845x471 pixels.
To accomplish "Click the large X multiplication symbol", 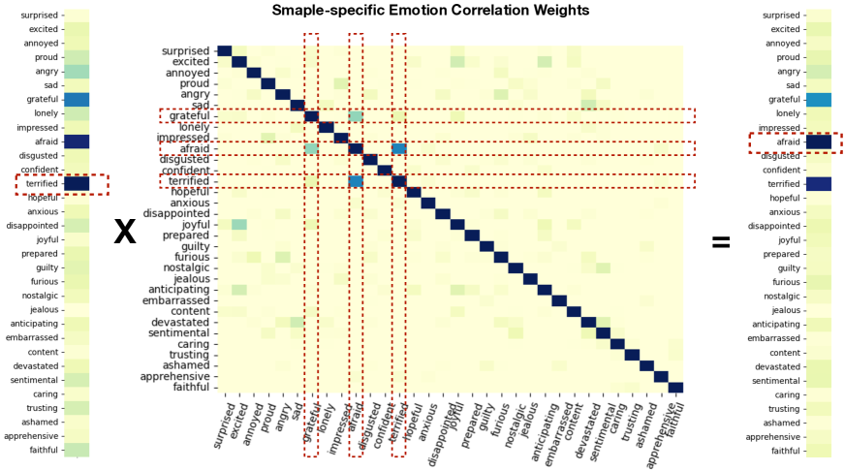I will (125, 233).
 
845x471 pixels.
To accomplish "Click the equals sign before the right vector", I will (721, 242).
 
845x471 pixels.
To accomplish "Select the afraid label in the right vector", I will (780, 141).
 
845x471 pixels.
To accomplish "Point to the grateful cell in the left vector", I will (77, 100).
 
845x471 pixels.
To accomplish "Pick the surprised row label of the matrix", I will (185, 51).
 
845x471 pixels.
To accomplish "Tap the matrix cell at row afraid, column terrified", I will (398, 148).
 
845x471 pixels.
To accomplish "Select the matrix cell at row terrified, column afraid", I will (356, 181).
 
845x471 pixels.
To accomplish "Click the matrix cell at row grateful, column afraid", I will (356, 116).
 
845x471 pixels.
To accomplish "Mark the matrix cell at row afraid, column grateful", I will (311, 148).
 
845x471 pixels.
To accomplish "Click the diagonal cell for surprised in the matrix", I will (224, 51).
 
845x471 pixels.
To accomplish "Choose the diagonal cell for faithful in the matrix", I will (675, 388).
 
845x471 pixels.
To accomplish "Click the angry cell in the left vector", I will (77, 72).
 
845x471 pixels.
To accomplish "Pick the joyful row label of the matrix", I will (193, 225).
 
